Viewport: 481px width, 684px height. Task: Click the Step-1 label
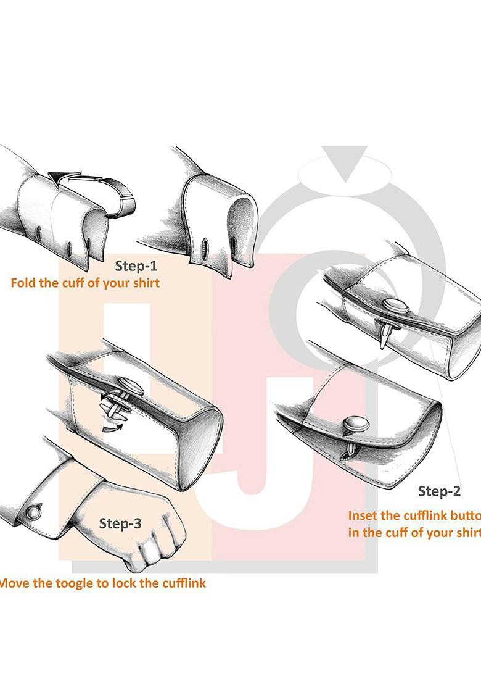pos(136,267)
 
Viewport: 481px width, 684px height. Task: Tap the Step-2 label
pos(439,491)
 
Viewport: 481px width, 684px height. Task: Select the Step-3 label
pos(120,524)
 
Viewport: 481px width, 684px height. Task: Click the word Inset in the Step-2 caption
pos(364,515)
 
